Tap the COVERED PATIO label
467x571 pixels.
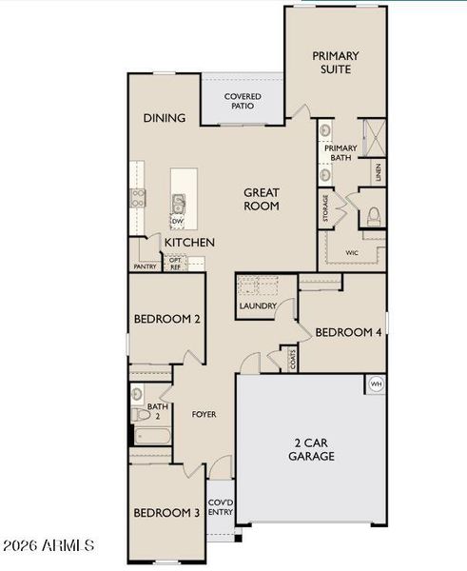click(243, 102)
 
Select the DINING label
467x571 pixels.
click(165, 118)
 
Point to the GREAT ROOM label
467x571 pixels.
click(261, 198)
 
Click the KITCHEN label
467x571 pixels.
click(189, 243)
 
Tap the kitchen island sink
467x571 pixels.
click(178, 202)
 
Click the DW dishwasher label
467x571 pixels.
click(177, 222)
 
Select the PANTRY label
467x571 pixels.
click(146, 267)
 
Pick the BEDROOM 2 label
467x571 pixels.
click(166, 320)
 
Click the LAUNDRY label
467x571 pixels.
click(258, 306)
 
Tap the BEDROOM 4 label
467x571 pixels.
click(348, 332)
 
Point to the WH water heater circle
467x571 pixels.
click(376, 384)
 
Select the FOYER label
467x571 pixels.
click(204, 415)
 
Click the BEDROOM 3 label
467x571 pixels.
click(165, 513)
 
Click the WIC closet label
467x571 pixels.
click(352, 253)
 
